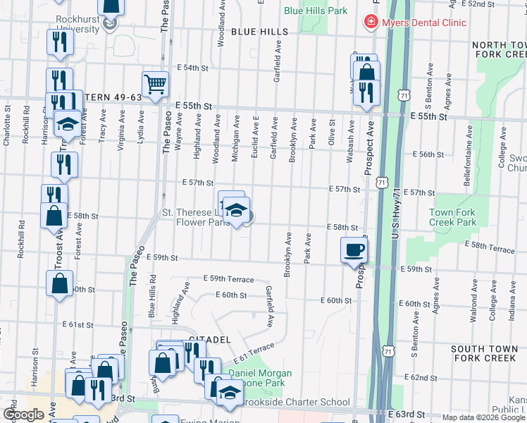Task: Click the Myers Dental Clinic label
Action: pos(424,23)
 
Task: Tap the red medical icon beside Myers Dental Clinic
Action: pos(370,23)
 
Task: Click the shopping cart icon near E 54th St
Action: pos(155,84)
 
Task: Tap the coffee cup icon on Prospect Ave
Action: pos(354,250)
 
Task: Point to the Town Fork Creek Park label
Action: pos(452,217)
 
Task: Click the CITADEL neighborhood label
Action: pos(209,340)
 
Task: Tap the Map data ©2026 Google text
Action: pos(483,417)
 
